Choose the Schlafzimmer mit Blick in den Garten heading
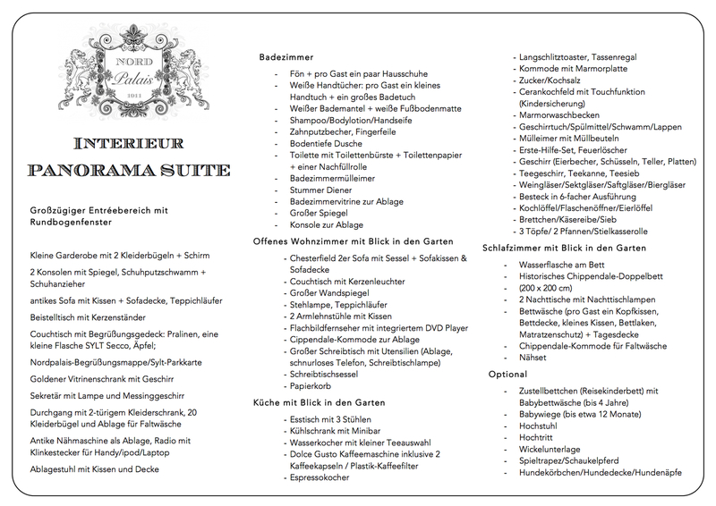click(x=564, y=247)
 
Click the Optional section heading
click(x=507, y=373)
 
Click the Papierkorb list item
click(x=311, y=386)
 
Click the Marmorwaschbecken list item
click(x=558, y=115)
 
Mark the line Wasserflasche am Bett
click(x=574, y=265)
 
